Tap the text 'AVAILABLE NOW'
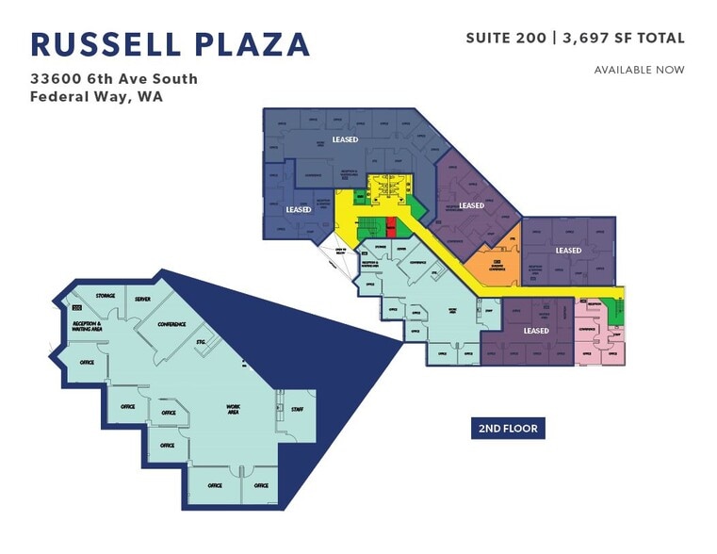click(x=639, y=70)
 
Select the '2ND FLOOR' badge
click(x=508, y=429)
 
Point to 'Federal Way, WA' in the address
click(x=97, y=96)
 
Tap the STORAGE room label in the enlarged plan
click(x=105, y=296)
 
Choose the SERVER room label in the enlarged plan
click(x=142, y=299)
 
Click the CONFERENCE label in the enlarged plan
click(x=171, y=324)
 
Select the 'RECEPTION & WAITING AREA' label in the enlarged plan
click(x=92, y=326)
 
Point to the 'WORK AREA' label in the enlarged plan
click(x=233, y=410)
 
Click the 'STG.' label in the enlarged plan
click(x=200, y=340)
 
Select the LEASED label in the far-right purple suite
click(x=568, y=251)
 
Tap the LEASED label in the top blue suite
click(x=345, y=139)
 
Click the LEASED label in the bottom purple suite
click(x=536, y=331)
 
